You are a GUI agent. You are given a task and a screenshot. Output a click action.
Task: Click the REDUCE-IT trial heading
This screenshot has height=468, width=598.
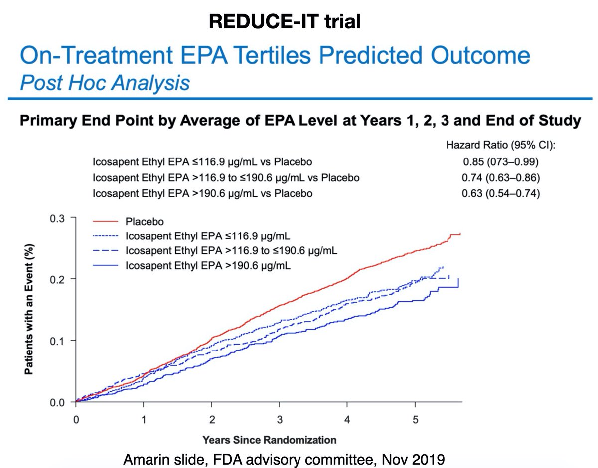(284, 21)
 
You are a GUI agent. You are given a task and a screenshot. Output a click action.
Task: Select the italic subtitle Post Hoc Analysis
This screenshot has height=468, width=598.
(105, 82)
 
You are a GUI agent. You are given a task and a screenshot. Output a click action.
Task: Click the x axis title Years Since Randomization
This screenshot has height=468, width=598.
(269, 440)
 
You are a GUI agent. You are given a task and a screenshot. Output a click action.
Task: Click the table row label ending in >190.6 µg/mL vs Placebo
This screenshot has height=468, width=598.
(203, 193)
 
